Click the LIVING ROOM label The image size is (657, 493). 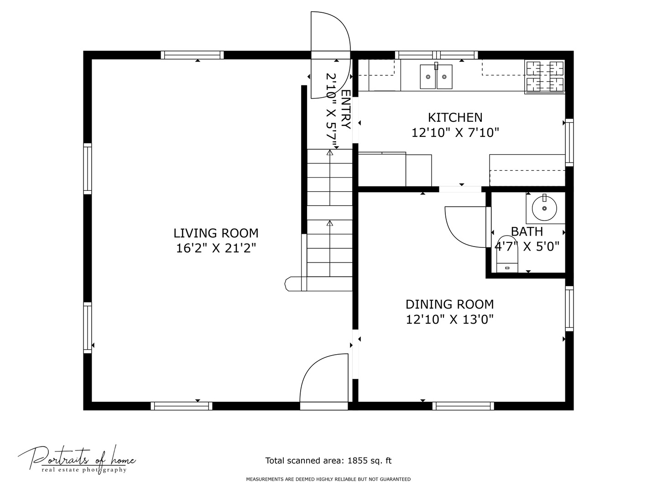(216, 233)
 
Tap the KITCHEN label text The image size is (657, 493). (455, 118)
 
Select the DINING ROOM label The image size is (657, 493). (449, 304)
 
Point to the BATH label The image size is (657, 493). (527, 232)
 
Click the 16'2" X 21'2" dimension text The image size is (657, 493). (216, 248)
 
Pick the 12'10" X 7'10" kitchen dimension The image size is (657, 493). (455, 132)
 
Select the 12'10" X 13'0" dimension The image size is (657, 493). (449, 320)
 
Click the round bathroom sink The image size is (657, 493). (544, 208)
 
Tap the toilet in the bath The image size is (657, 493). (507, 254)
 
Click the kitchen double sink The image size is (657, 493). (436, 76)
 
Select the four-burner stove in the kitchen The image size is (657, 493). (545, 77)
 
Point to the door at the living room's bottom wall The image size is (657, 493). (324, 382)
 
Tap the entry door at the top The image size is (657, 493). (331, 55)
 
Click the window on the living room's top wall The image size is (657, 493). (192, 55)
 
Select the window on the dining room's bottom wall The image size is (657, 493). (463, 406)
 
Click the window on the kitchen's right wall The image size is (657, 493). (569, 142)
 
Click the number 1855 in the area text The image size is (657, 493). (357, 461)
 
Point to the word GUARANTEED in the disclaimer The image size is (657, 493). (396, 479)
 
